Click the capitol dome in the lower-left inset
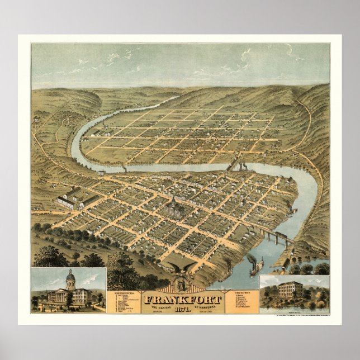point(70,277)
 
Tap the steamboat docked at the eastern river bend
point(291,210)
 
